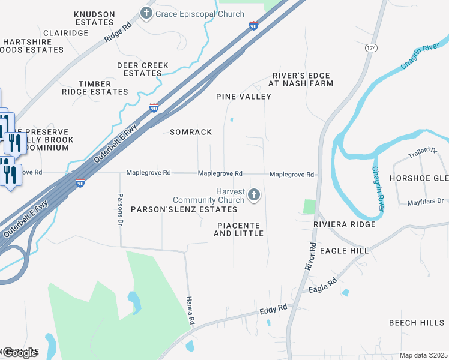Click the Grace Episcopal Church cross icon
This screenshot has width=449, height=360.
(146, 13)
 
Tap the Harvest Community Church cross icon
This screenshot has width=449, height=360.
(254, 194)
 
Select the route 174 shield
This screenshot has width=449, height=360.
(370, 47)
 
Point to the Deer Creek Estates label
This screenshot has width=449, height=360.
(143, 69)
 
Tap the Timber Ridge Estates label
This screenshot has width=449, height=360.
(95, 88)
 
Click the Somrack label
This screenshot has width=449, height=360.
(191, 132)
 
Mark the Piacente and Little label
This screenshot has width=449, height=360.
(239, 229)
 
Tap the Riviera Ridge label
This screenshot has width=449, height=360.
(345, 224)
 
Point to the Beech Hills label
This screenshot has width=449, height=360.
(417, 323)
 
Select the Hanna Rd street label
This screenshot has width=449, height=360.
(191, 311)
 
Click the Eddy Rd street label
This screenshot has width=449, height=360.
(273, 311)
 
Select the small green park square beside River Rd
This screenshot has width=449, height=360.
(309, 206)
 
